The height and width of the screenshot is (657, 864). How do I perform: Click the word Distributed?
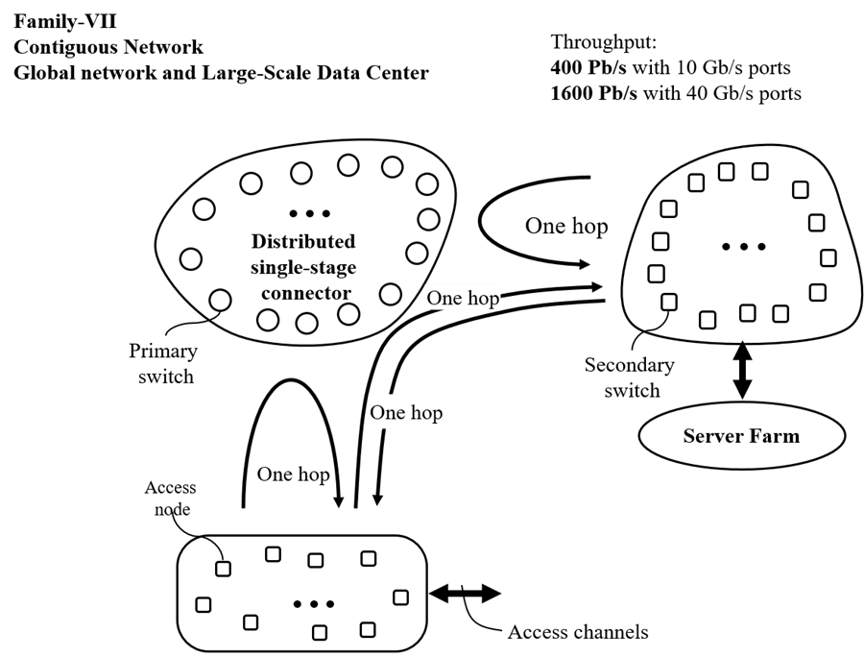pyautogui.click(x=302, y=241)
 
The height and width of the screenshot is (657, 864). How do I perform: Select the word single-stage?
pyautogui.click(x=302, y=267)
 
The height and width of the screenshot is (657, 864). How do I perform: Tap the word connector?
pyautogui.click(x=306, y=292)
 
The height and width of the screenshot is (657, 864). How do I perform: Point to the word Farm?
pyautogui.click(x=775, y=436)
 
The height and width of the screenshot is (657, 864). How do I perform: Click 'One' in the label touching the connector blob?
pyautogui.click(x=445, y=298)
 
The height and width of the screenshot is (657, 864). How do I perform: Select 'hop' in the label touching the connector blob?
pyautogui.click(x=483, y=299)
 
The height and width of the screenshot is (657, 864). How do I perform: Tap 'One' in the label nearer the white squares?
pyautogui.click(x=389, y=413)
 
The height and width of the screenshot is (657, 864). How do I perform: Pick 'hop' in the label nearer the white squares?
pyautogui.click(x=426, y=414)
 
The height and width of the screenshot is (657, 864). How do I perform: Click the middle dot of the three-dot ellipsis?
pyautogui.click(x=310, y=213)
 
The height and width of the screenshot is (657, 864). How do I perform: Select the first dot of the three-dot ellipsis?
pyautogui.click(x=294, y=213)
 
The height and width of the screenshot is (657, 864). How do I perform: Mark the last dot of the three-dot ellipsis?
pyautogui.click(x=326, y=213)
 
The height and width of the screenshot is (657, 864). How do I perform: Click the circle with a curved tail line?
pyautogui.click(x=220, y=300)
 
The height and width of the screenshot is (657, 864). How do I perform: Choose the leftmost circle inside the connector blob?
pyautogui.click(x=191, y=258)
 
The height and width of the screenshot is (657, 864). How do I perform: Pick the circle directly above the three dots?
pyautogui.click(x=301, y=173)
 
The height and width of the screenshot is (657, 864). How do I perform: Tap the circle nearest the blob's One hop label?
pyautogui.click(x=390, y=293)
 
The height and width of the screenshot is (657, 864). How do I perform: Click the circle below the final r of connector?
pyautogui.click(x=348, y=314)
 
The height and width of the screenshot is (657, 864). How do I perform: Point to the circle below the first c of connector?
pyautogui.click(x=268, y=320)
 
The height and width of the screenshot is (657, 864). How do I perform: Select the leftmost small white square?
pyautogui.click(x=204, y=605)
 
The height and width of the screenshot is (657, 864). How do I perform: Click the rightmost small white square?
pyautogui.click(x=400, y=597)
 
